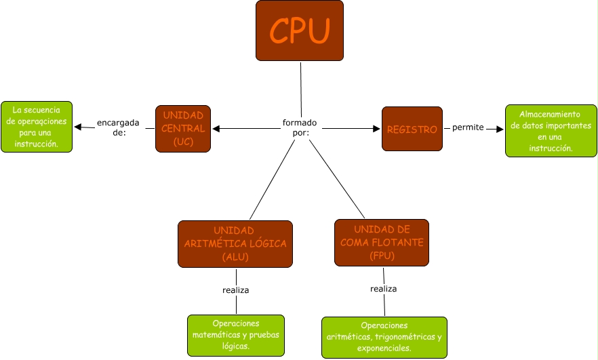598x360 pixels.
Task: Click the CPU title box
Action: [x=300, y=31]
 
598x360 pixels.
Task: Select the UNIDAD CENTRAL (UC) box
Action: [x=183, y=129]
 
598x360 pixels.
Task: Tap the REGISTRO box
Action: [x=412, y=129]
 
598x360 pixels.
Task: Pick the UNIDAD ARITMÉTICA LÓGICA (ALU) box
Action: [x=235, y=243]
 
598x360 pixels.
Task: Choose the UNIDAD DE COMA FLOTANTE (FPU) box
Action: [x=382, y=242]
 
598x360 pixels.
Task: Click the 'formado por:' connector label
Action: [x=300, y=128]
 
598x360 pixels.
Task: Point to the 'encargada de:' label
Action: [x=118, y=127]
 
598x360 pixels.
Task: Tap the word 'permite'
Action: [x=468, y=128]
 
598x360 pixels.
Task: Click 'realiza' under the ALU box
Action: [x=235, y=290]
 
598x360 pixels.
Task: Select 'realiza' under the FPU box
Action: [x=383, y=289]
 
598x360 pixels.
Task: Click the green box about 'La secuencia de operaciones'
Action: [x=37, y=126]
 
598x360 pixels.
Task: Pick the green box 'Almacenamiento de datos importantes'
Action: [x=551, y=131]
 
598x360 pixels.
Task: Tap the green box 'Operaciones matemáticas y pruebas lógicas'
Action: [x=235, y=335]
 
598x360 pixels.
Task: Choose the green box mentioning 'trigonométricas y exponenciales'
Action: [x=384, y=337]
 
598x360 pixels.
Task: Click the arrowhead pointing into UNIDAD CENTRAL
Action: [x=216, y=128]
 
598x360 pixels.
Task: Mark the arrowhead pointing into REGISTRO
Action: [x=377, y=128]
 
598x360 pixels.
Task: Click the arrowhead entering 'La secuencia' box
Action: [x=77, y=127]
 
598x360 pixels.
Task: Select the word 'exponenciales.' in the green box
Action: [x=384, y=348]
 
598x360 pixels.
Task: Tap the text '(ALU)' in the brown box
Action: [x=235, y=257]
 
